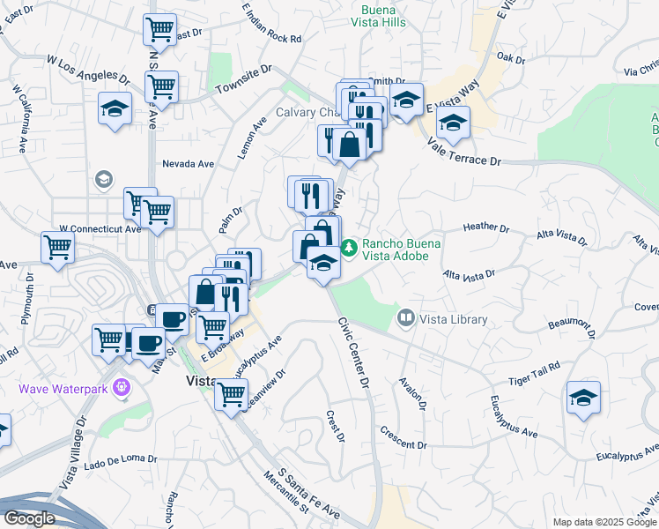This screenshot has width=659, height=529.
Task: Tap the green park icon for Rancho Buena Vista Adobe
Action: tap(350, 248)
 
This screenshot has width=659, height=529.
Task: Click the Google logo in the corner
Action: tap(29, 518)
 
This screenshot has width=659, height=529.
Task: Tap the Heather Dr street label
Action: tap(486, 227)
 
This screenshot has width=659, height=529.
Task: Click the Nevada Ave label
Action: tap(188, 164)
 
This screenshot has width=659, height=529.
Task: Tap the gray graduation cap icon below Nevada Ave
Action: tap(103, 180)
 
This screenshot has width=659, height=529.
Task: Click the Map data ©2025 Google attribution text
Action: tap(604, 522)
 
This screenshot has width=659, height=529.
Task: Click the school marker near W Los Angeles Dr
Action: tap(114, 109)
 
